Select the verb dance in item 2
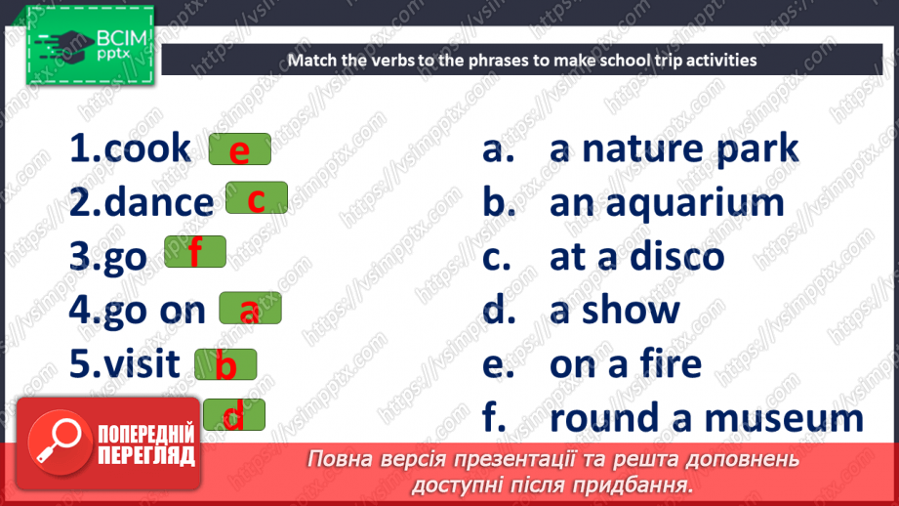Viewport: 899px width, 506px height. tap(158, 203)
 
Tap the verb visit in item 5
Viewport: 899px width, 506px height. tap(142, 363)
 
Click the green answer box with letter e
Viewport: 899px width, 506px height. tap(240, 150)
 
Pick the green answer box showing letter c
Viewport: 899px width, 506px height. tap(257, 198)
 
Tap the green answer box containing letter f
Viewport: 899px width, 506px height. tap(195, 252)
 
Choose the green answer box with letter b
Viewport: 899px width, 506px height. tap(225, 365)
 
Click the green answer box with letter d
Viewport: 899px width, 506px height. tap(233, 415)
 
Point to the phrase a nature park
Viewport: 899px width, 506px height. tap(674, 148)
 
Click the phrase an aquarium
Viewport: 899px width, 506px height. tap(667, 202)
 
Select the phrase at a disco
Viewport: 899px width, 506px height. tap(636, 256)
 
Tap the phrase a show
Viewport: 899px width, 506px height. tap(614, 310)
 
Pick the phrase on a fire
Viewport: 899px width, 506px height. tap(625, 363)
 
